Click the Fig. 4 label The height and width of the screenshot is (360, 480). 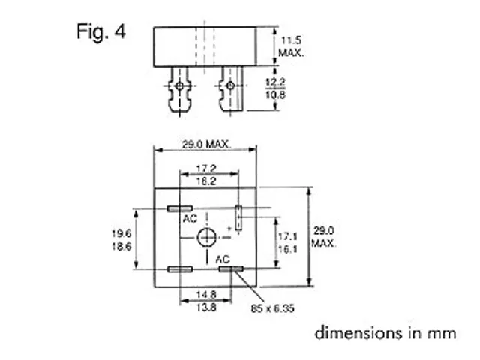(100, 32)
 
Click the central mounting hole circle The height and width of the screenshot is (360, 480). (206, 238)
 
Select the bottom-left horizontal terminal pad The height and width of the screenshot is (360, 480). (179, 268)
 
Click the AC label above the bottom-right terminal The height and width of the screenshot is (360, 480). (223, 258)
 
